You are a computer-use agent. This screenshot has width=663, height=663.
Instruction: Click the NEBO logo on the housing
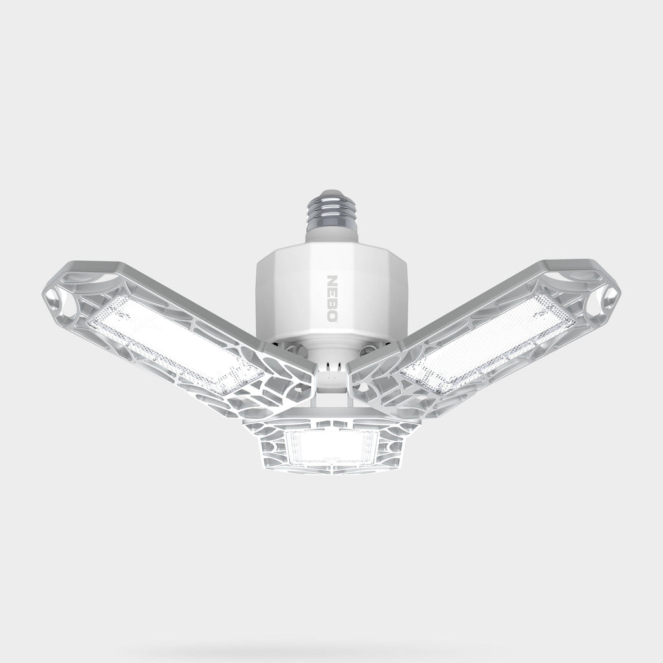[333, 298]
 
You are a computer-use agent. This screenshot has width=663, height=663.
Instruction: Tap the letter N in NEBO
[333, 281]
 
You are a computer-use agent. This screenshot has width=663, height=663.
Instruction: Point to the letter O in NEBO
[333, 316]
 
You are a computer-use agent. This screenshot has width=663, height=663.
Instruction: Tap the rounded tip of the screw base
[332, 192]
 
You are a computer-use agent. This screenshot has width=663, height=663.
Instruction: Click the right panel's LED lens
[488, 343]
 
